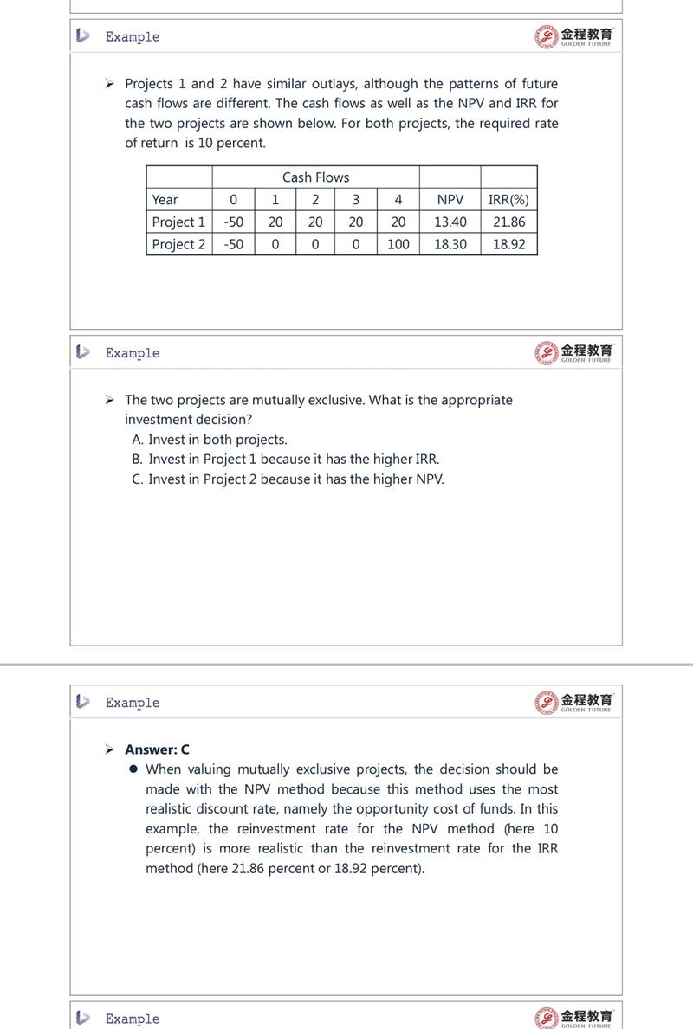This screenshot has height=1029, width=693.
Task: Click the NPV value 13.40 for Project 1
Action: point(450,222)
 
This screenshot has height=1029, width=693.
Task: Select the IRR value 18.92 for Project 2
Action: point(508,244)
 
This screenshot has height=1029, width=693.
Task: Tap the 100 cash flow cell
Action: point(398,244)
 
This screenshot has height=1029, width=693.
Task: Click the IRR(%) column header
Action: point(508,199)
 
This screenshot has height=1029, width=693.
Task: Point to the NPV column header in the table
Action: point(450,199)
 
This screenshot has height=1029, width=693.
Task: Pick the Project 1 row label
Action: point(178,222)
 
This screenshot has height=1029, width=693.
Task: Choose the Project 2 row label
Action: point(178,244)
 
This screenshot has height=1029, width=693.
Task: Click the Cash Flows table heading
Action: point(315,177)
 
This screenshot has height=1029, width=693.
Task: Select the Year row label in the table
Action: point(165,199)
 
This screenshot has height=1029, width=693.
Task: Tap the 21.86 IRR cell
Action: point(508,222)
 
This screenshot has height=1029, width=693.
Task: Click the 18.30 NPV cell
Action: point(450,244)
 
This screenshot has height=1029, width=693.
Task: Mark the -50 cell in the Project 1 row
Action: point(233,222)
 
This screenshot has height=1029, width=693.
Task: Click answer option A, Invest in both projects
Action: point(210,440)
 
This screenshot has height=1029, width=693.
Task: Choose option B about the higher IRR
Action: point(286,460)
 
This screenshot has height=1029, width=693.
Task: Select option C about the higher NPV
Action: point(288,479)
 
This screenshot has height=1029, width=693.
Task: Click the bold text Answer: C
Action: point(157,749)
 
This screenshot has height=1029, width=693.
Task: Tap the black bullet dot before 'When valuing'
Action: point(133,769)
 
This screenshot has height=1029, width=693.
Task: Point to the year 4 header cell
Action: point(398,199)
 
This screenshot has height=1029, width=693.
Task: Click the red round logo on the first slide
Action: point(546,36)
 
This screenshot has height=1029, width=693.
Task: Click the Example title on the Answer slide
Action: point(133,703)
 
